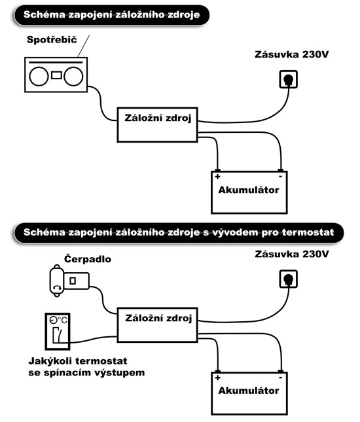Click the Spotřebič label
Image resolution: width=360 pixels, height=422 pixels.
52,40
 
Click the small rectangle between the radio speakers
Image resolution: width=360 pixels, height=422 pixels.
56,75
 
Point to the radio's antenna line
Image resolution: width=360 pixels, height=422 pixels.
84,46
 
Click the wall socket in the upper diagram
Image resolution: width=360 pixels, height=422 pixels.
289,79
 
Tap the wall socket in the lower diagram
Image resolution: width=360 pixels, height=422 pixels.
289,279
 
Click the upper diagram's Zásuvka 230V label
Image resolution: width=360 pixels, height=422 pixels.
292,55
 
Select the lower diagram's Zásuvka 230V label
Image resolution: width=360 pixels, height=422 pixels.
292,254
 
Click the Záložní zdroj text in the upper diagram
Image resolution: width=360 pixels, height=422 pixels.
158,118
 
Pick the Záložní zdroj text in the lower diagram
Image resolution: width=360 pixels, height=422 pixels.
158,318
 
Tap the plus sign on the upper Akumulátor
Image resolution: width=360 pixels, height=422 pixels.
217,177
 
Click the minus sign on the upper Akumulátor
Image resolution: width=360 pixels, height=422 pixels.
280,177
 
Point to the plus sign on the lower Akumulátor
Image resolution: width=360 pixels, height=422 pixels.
217,378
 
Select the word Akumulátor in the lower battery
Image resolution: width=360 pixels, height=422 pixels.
249,391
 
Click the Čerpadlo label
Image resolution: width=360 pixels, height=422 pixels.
88,259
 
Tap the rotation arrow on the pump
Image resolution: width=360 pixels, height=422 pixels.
57,288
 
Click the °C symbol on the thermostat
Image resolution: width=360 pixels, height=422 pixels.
62,320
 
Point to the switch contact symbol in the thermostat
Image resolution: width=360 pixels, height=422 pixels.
57,335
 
